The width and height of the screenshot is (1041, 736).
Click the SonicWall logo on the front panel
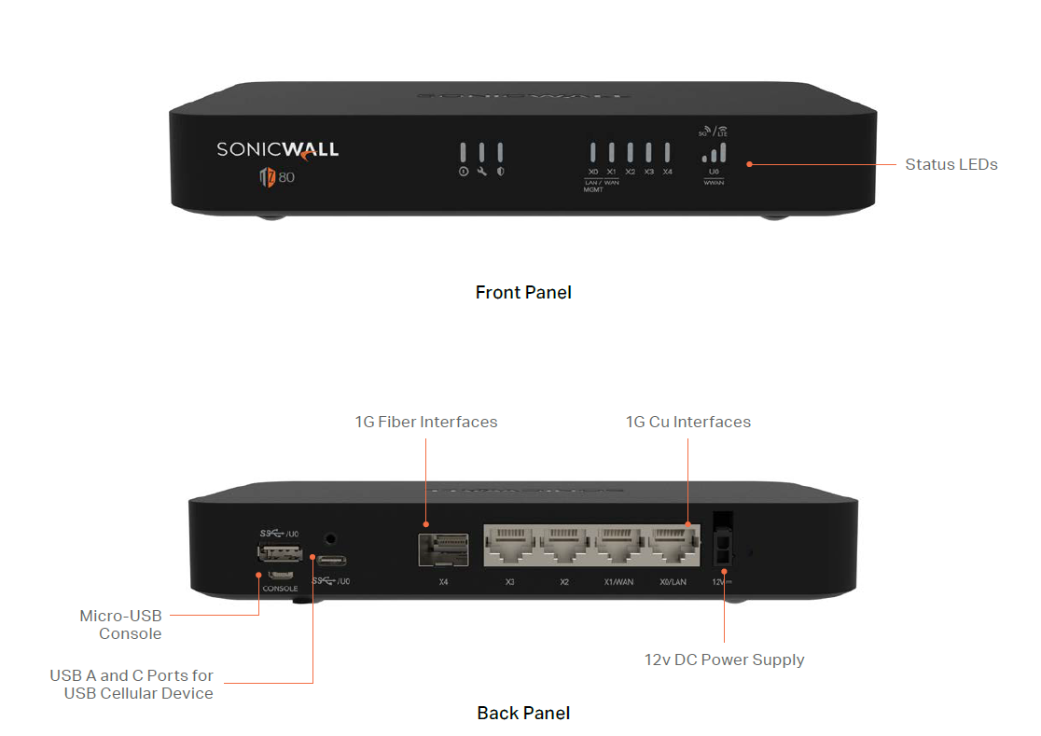[x=277, y=149]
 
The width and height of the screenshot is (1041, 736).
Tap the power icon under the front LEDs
[x=463, y=173]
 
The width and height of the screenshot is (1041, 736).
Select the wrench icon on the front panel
[x=481, y=173]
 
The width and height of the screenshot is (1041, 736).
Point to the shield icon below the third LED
[x=500, y=173]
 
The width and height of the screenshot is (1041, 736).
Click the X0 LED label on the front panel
[x=593, y=172]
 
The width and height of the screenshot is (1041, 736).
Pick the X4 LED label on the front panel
[x=667, y=172]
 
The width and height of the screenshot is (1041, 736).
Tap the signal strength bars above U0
[x=714, y=153]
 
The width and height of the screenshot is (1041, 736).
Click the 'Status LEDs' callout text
[x=951, y=164]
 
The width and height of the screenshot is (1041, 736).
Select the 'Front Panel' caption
[x=523, y=292]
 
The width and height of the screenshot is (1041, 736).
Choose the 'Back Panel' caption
[x=523, y=713]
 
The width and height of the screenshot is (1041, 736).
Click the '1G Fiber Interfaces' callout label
[x=426, y=422]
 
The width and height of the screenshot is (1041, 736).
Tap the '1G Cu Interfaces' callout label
[x=687, y=422]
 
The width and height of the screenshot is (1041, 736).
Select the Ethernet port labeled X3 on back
[x=509, y=547]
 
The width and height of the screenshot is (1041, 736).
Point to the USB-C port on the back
[x=331, y=562]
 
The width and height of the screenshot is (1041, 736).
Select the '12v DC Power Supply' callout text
[x=724, y=660]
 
